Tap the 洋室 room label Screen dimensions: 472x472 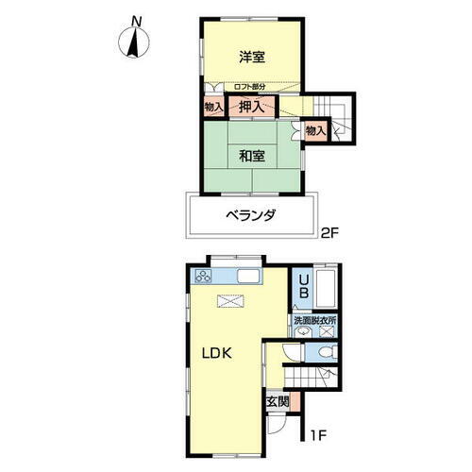(x=250, y=57)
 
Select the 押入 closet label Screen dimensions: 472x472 (x=251, y=108)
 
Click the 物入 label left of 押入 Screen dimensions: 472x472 (x=213, y=108)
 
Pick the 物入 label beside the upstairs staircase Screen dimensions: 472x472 (x=315, y=131)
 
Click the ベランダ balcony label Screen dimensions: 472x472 (x=251, y=215)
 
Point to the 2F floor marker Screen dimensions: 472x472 (x=328, y=232)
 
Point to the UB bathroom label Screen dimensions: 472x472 (x=303, y=286)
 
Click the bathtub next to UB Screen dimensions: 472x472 (x=326, y=287)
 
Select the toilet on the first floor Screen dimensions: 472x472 (x=324, y=352)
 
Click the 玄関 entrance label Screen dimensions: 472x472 (x=278, y=401)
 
